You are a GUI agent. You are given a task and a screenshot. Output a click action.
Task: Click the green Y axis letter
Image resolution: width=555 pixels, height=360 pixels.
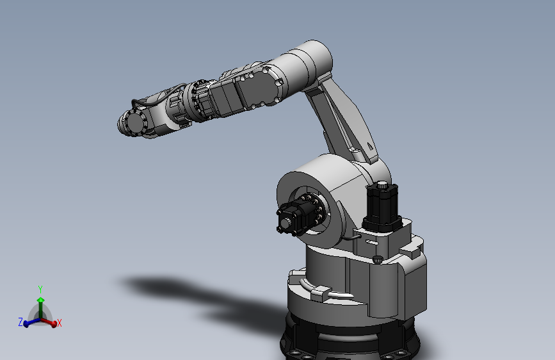point(40,288)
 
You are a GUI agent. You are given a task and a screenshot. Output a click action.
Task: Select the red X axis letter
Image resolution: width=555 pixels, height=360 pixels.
point(59,323)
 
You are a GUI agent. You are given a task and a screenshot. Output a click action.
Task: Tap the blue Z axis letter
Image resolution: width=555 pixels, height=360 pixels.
point(20,322)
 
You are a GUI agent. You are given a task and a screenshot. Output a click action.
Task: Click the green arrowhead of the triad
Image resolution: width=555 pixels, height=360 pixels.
point(40,300)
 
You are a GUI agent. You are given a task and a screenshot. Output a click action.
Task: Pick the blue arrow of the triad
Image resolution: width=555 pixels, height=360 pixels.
point(29,322)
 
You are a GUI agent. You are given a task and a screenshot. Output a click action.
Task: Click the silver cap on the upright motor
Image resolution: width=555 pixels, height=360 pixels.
point(383,185)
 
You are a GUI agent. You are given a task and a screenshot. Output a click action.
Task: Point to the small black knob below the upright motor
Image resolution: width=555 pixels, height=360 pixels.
point(378,259)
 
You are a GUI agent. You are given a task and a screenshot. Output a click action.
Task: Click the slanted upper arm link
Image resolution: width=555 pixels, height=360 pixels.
point(342,119)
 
